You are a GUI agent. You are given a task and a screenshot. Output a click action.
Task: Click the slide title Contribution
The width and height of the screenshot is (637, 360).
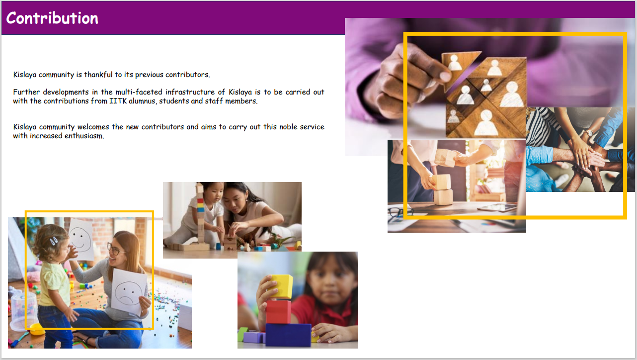(52, 18)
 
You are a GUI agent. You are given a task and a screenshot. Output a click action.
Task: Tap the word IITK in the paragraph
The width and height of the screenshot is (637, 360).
(118, 101)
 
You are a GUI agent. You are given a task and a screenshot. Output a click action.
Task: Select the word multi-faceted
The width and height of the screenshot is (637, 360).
(139, 92)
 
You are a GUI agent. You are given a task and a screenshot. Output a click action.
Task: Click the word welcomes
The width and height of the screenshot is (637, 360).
(93, 127)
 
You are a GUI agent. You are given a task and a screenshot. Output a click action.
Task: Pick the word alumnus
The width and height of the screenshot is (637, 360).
(143, 101)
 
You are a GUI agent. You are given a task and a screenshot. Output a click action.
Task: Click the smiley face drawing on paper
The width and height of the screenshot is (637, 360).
(81, 239)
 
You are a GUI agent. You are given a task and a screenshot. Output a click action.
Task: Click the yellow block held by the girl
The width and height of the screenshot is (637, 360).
(281, 286)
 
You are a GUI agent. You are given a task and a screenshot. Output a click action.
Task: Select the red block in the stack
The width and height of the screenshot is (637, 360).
(278, 312)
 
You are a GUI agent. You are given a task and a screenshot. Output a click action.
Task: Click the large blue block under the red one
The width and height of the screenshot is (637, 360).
(288, 335)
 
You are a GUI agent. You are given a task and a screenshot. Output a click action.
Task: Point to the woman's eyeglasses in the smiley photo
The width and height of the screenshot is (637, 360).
(115, 249)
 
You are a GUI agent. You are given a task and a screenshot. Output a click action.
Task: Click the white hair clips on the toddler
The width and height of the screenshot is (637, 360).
(54, 241)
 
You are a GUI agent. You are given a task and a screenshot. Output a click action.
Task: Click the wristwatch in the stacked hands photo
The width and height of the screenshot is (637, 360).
(588, 133)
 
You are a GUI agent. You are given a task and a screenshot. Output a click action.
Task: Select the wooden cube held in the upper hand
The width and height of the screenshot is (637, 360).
(445, 157)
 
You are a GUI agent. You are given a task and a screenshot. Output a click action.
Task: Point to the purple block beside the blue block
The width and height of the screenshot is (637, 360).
(254, 337)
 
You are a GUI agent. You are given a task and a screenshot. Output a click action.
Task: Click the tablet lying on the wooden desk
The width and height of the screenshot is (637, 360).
(497, 207)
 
